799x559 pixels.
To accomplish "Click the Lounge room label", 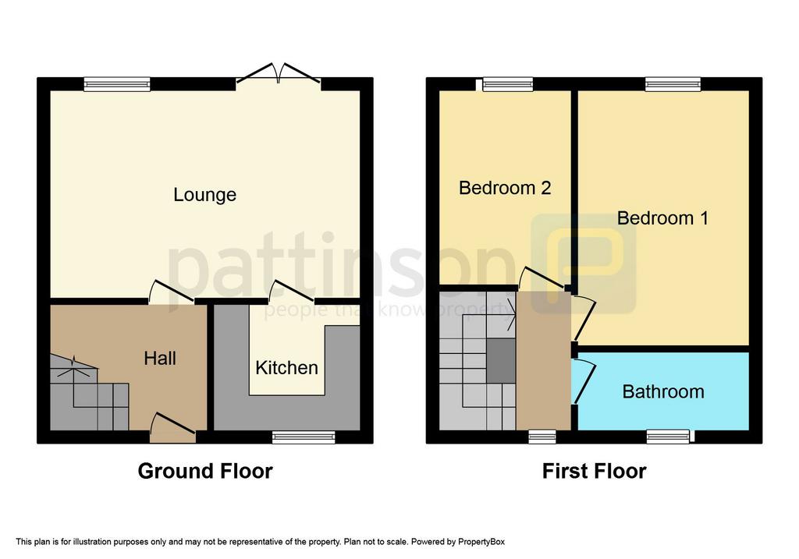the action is pyautogui.click(x=205, y=195).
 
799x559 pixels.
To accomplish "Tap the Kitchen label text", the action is pyautogui.click(x=286, y=367).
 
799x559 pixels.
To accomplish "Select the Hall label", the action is pyautogui.click(x=160, y=359).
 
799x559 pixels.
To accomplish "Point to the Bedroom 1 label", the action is pyautogui.click(x=662, y=218).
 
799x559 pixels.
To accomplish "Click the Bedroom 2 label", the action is pyautogui.click(x=505, y=188).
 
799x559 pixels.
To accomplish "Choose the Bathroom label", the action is pyautogui.click(x=663, y=391).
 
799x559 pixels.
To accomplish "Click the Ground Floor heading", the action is pyautogui.click(x=205, y=471).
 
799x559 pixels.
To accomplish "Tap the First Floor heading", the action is pyautogui.click(x=594, y=471).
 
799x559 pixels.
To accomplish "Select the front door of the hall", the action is pyautogui.click(x=172, y=429).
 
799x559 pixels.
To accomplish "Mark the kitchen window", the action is pyautogui.click(x=304, y=437).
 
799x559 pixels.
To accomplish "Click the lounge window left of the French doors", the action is pyautogui.click(x=117, y=84).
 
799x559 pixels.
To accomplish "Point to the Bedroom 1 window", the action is pyautogui.click(x=673, y=84).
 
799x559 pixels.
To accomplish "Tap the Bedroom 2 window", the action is pyautogui.click(x=507, y=84).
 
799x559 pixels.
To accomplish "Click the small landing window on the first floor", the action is pyautogui.click(x=542, y=437).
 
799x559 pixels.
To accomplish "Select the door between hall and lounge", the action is pyautogui.click(x=171, y=292).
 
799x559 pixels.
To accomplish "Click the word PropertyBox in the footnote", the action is pyautogui.click(x=481, y=542).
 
